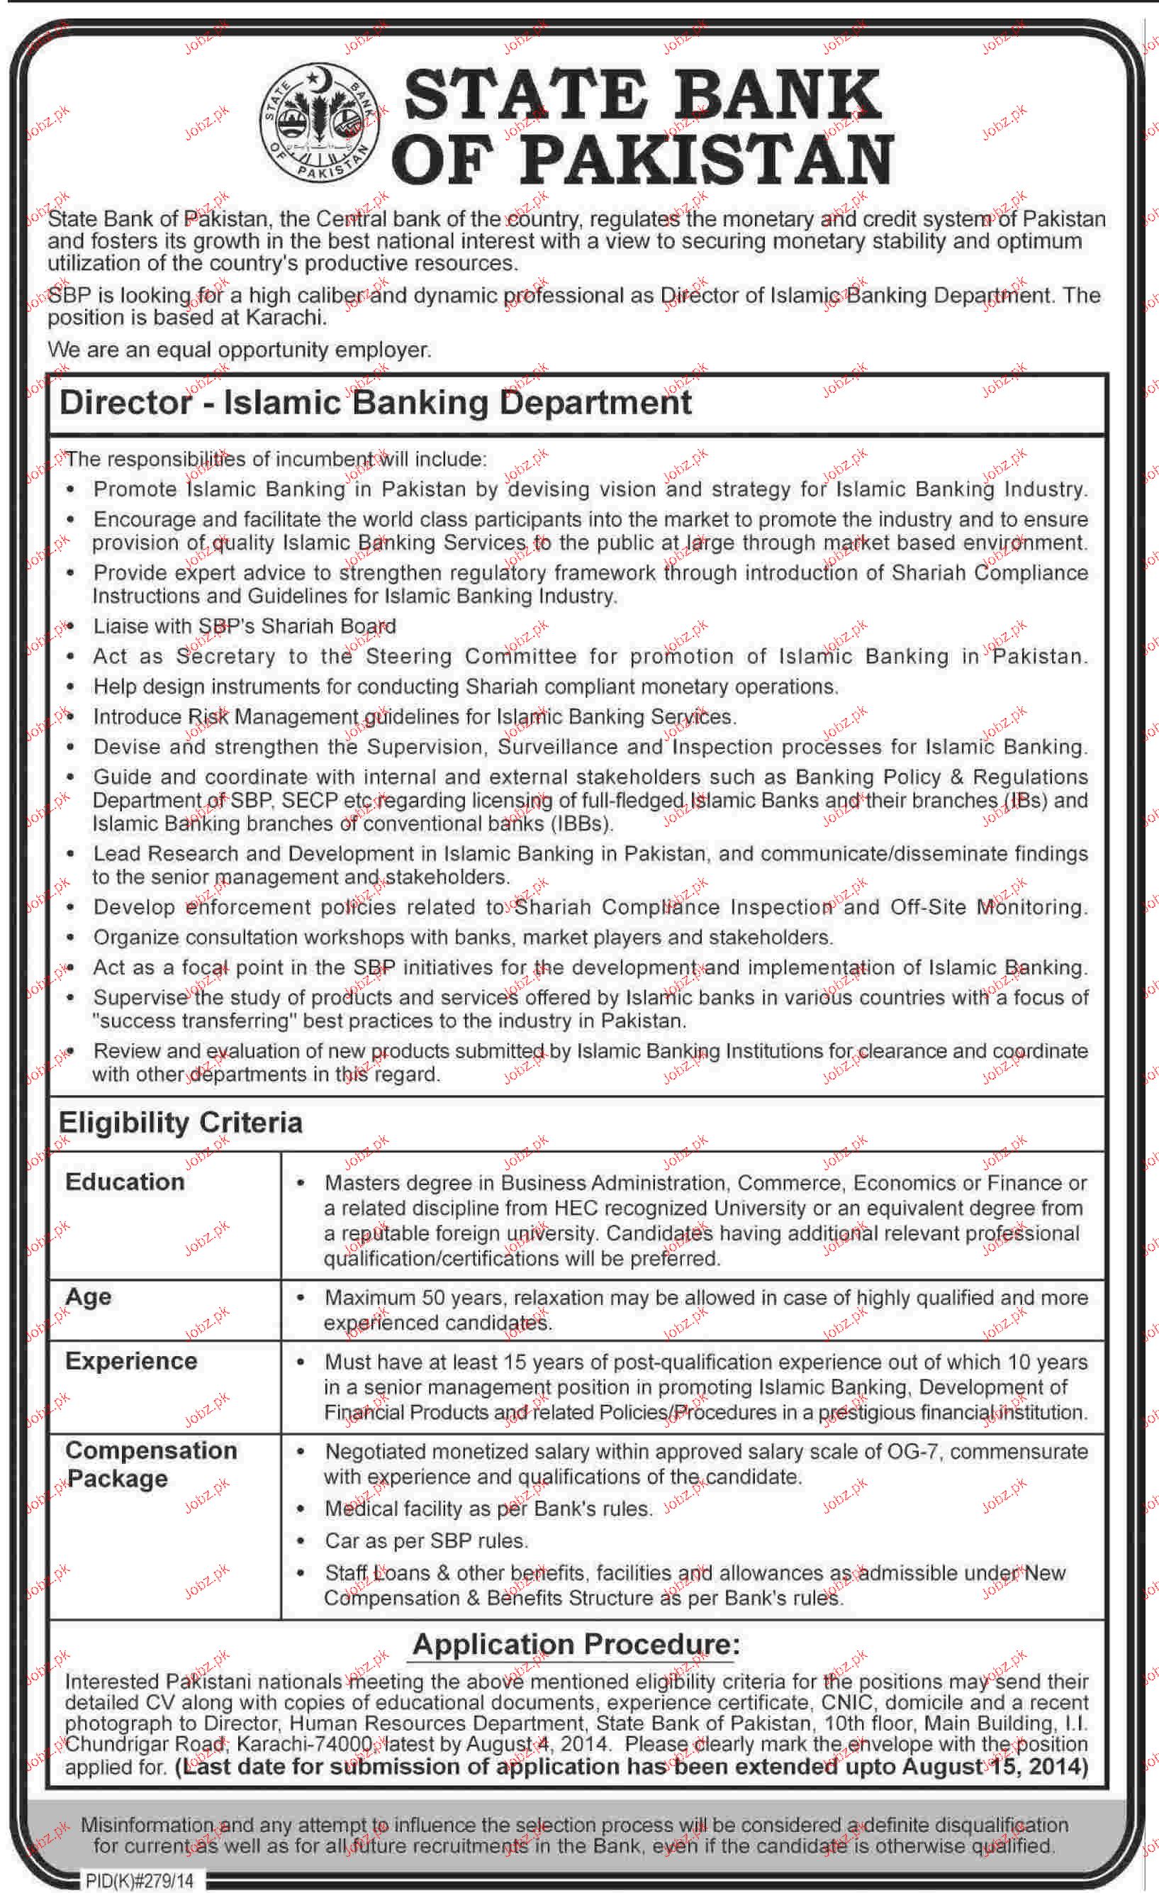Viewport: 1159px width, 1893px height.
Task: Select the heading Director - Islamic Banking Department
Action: click(x=376, y=404)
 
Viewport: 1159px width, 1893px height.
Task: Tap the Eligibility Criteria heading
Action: click(x=181, y=1123)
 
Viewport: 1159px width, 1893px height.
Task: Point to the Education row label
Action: click(x=125, y=1182)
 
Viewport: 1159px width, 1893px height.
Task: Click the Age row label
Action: click(x=89, y=1297)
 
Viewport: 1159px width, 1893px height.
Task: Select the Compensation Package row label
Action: click(x=150, y=1465)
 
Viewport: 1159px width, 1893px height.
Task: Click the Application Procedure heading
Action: click(x=576, y=1643)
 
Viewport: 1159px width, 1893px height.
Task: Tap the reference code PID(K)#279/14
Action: click(x=139, y=1881)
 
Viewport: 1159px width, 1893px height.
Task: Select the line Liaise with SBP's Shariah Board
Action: click(x=245, y=626)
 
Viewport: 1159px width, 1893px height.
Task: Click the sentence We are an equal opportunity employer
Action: click(x=240, y=350)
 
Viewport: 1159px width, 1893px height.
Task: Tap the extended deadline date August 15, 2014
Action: click(x=995, y=1766)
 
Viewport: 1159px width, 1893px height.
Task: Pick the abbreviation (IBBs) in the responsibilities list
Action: click(x=581, y=823)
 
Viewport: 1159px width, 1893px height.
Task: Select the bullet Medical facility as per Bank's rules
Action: click(x=488, y=1508)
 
